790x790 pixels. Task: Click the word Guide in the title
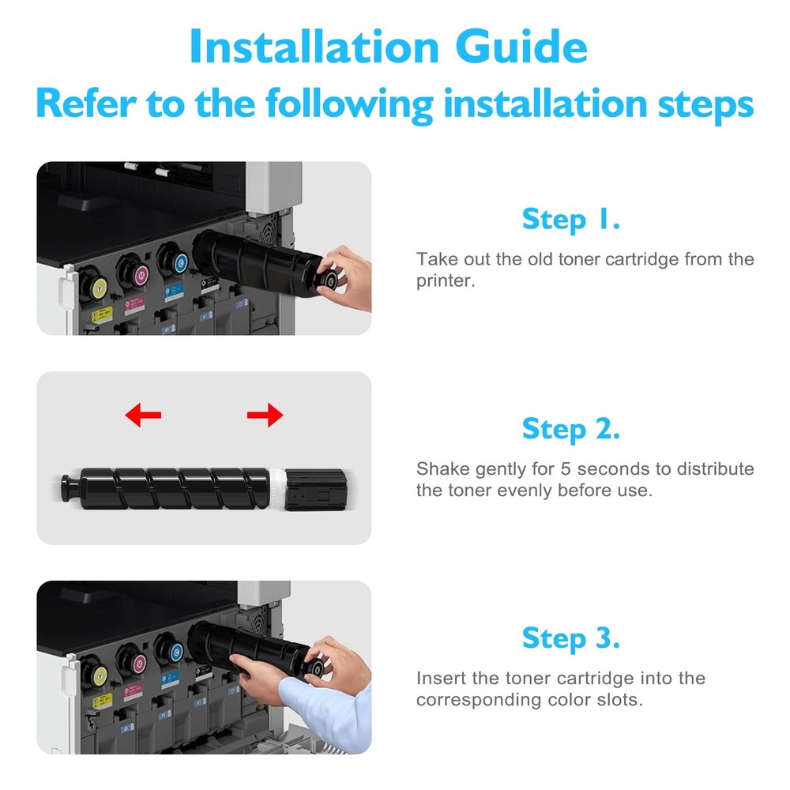(x=521, y=47)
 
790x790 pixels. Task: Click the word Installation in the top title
(x=314, y=47)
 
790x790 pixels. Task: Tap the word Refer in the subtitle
(x=85, y=103)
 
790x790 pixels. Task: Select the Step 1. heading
(x=571, y=219)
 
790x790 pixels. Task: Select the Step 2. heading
(x=571, y=429)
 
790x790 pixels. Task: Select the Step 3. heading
(x=571, y=638)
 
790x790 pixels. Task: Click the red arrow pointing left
(x=143, y=415)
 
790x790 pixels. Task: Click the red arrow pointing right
(x=265, y=415)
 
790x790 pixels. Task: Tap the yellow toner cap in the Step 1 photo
(x=98, y=287)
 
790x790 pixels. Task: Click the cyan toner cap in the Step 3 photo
(x=175, y=653)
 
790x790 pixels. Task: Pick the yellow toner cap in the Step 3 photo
(x=100, y=674)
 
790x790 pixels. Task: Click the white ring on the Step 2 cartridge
(x=277, y=489)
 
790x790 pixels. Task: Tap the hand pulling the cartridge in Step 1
(x=348, y=277)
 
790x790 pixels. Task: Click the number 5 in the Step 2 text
(x=566, y=468)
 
